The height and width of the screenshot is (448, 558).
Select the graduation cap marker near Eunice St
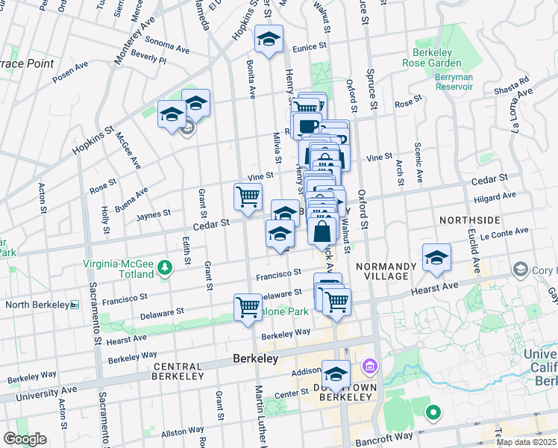(x=269, y=41)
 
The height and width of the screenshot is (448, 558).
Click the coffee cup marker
(x=307, y=126)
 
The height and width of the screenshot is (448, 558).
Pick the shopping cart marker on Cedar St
(x=248, y=198)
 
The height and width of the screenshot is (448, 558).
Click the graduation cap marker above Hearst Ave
(x=436, y=258)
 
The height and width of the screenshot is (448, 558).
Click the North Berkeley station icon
(x=74, y=305)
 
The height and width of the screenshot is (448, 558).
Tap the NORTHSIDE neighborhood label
(x=469, y=220)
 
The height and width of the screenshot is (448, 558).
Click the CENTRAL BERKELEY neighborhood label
(x=178, y=367)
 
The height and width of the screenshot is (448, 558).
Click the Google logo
(x=24, y=439)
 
